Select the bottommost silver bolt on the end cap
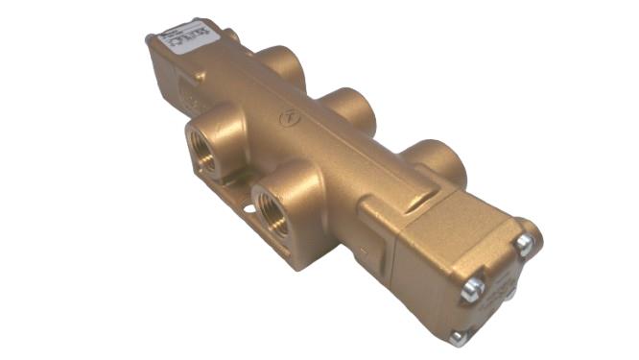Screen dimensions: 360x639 tap(459, 337)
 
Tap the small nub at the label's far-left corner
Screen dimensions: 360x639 tap(150, 39)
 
